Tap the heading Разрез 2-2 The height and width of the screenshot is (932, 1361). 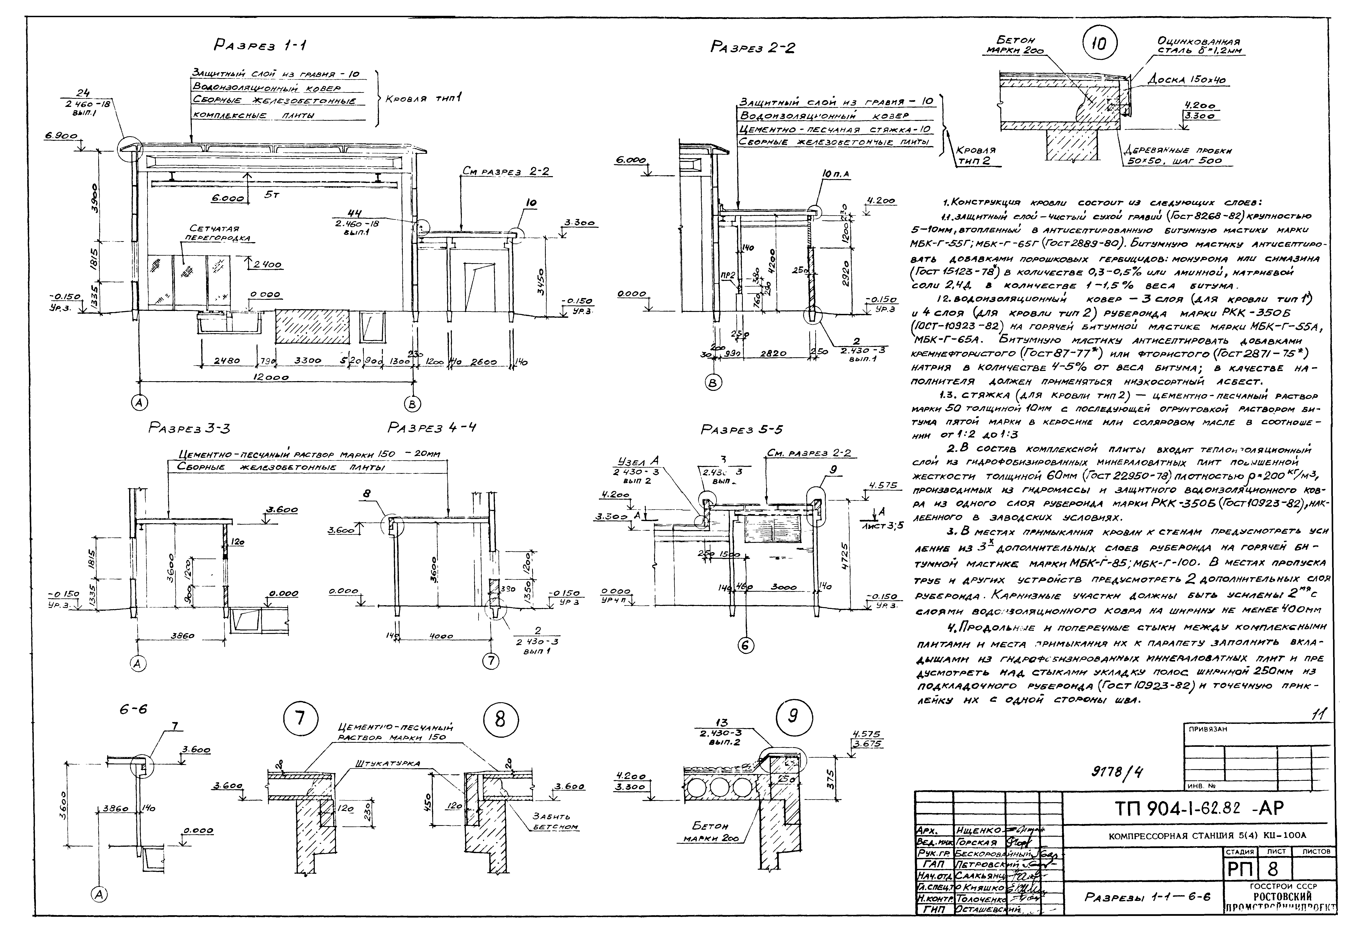[752, 47]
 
